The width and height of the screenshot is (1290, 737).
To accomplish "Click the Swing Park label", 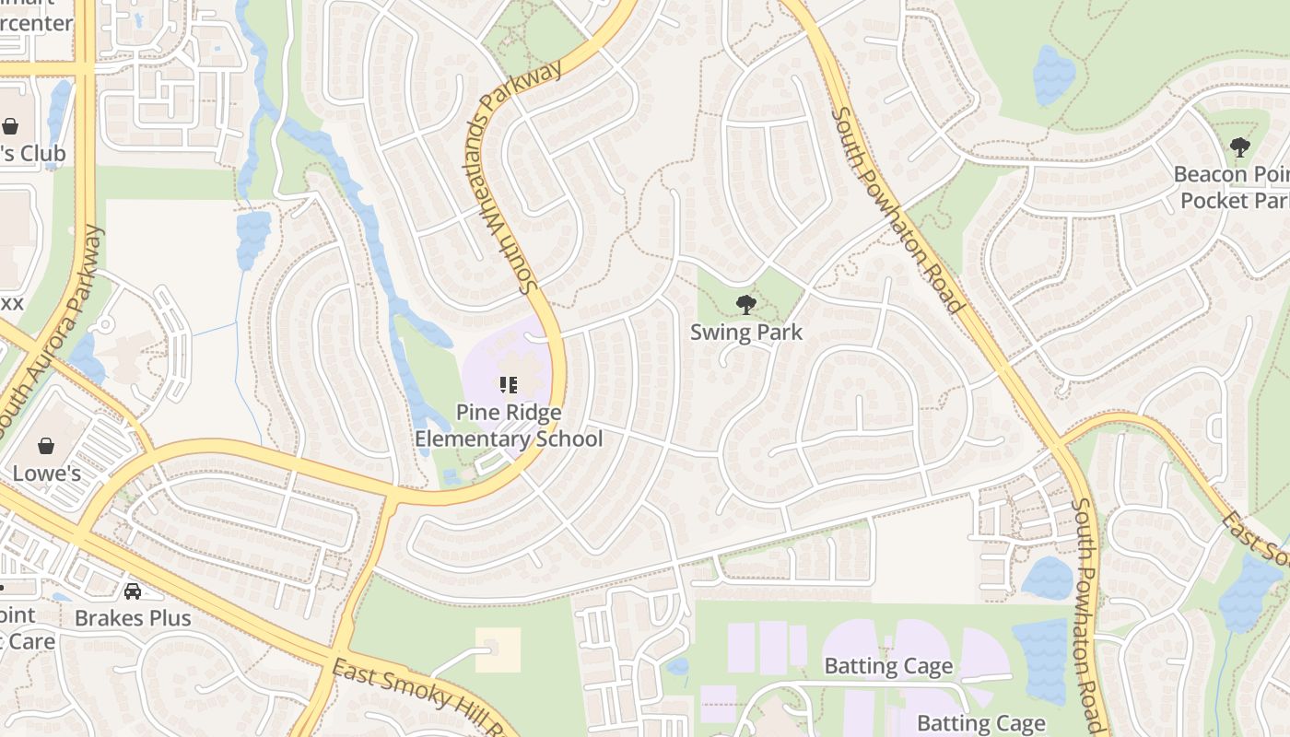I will (746, 333).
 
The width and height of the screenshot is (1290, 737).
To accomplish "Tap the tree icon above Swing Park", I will (746, 304).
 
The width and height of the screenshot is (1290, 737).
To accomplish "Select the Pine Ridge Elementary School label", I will (509, 426).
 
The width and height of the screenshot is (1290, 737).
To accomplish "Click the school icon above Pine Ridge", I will (509, 384).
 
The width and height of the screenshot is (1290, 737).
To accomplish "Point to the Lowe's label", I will (46, 474).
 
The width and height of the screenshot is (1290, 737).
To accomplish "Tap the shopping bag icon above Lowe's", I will (46, 447).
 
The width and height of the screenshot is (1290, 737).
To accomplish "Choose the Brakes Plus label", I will (133, 618).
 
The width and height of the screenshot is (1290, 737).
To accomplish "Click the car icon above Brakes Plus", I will (133, 591).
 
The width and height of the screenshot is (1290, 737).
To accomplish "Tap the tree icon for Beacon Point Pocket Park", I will (1239, 146).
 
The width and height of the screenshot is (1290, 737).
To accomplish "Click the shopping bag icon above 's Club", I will (10, 126).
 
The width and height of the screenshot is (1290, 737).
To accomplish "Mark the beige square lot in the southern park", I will (498, 649).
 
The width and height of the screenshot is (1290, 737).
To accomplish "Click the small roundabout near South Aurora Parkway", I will (105, 325).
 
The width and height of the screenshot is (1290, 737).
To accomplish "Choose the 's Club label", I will (32, 153).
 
